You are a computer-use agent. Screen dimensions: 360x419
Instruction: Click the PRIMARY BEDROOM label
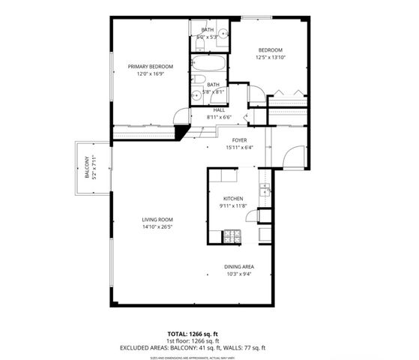click(150, 67)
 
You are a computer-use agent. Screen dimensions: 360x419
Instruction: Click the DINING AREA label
click(238, 267)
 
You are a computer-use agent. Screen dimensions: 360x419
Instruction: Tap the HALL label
click(220, 110)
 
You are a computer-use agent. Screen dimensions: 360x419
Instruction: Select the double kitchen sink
click(265, 189)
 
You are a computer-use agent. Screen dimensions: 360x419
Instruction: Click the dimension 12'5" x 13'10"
click(270, 57)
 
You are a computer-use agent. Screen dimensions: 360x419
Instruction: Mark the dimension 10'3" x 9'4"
click(238, 274)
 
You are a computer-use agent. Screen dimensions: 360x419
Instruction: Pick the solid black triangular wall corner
click(181, 132)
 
